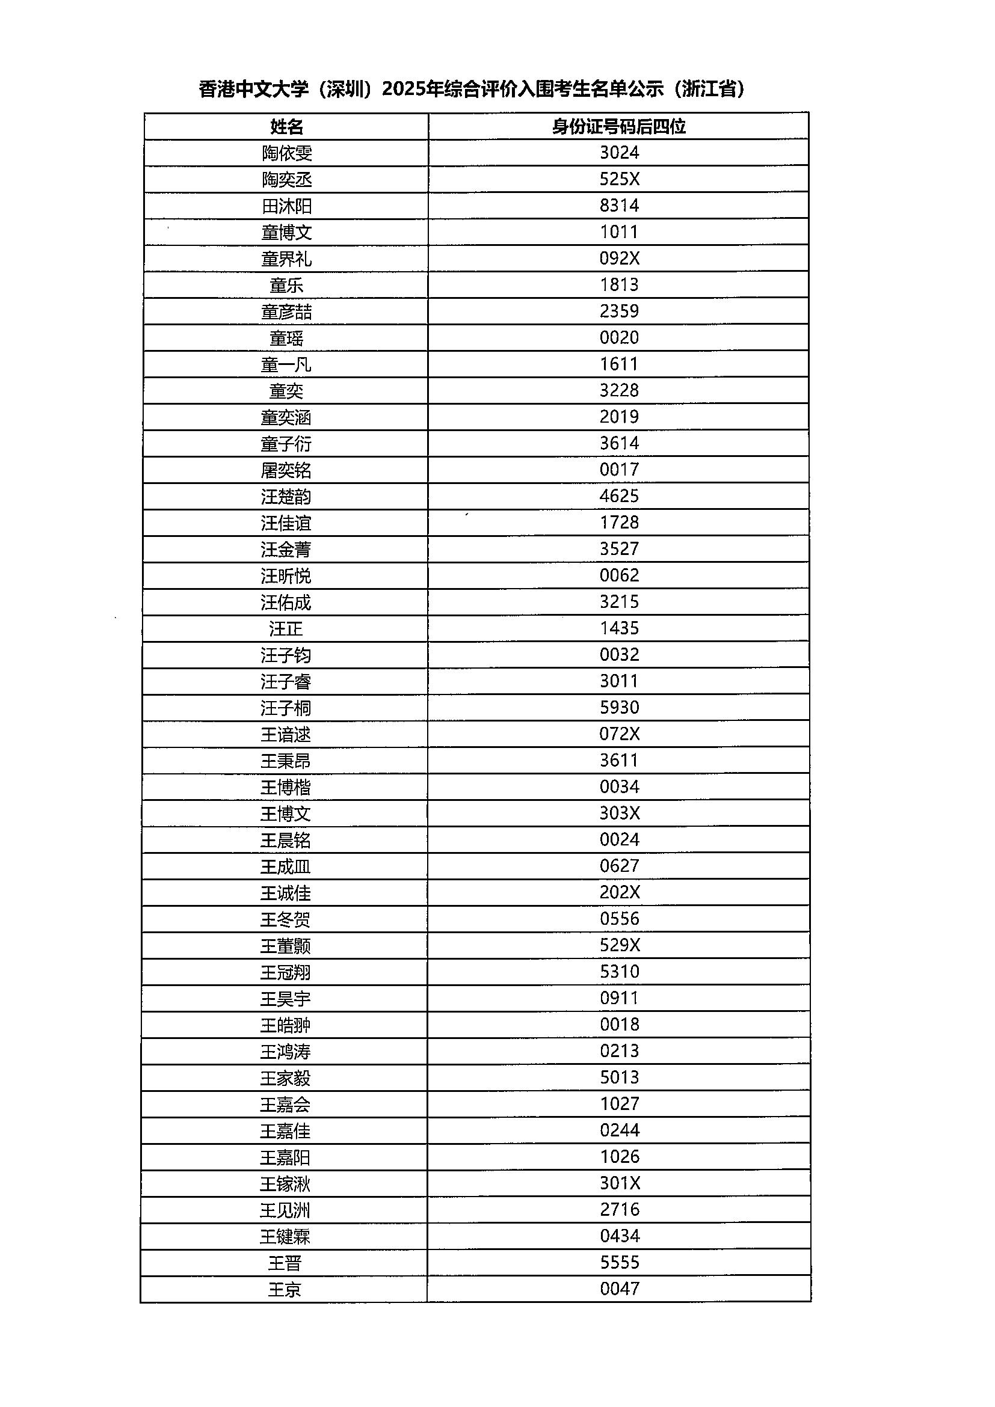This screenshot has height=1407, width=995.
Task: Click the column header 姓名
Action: tap(286, 127)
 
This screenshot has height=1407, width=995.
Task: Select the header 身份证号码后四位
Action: tap(618, 126)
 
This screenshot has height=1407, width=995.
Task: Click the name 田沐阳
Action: tap(286, 206)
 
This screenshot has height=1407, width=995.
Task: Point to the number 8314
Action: tap(619, 205)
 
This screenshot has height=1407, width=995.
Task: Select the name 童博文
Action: tap(286, 232)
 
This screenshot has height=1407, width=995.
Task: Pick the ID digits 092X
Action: tap(619, 258)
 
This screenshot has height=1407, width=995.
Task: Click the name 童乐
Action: tap(286, 285)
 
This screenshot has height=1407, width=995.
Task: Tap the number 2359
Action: tap(619, 311)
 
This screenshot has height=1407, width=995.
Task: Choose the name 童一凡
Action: tap(286, 364)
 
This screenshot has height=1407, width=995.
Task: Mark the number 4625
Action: tap(619, 496)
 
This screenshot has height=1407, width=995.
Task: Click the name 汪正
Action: tap(286, 629)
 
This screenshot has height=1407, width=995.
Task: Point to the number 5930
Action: tap(619, 707)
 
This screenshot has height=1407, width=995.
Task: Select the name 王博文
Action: tap(286, 814)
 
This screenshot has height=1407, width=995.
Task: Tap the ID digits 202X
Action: tap(619, 892)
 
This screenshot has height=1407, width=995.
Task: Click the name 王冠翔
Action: tap(286, 972)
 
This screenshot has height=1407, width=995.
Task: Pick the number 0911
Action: tap(619, 998)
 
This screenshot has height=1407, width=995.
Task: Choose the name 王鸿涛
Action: tap(286, 1052)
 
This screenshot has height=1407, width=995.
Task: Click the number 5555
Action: tap(619, 1262)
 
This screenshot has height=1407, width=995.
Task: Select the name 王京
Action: tap(285, 1289)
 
